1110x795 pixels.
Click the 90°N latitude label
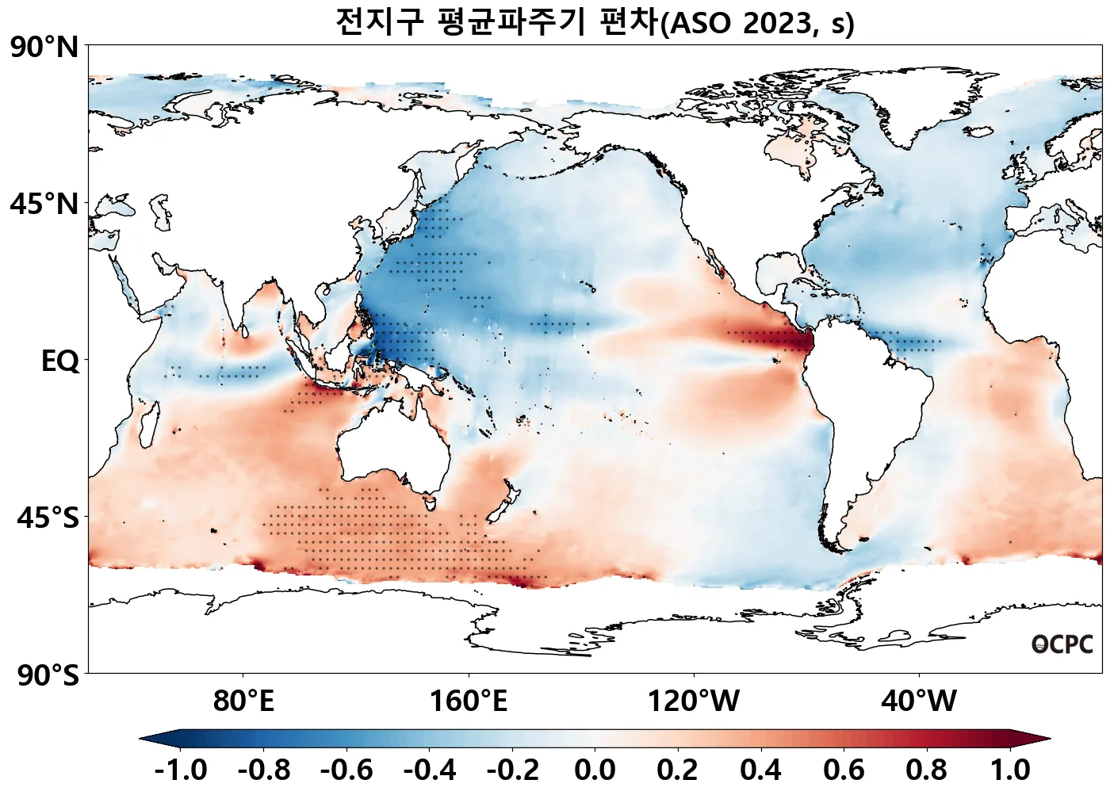44,48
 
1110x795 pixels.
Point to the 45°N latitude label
44,204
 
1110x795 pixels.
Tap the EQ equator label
60,361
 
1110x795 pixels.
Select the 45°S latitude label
48,518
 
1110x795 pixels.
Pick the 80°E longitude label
243,701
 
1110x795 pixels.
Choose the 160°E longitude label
469,701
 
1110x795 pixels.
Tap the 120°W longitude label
694,701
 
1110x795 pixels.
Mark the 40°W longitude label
919,701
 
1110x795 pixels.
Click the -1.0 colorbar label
181,770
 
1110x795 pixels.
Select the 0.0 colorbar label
595,770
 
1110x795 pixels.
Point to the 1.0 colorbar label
1010,770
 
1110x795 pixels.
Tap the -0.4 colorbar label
430,770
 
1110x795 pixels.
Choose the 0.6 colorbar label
844,770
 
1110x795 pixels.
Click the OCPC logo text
1062,645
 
